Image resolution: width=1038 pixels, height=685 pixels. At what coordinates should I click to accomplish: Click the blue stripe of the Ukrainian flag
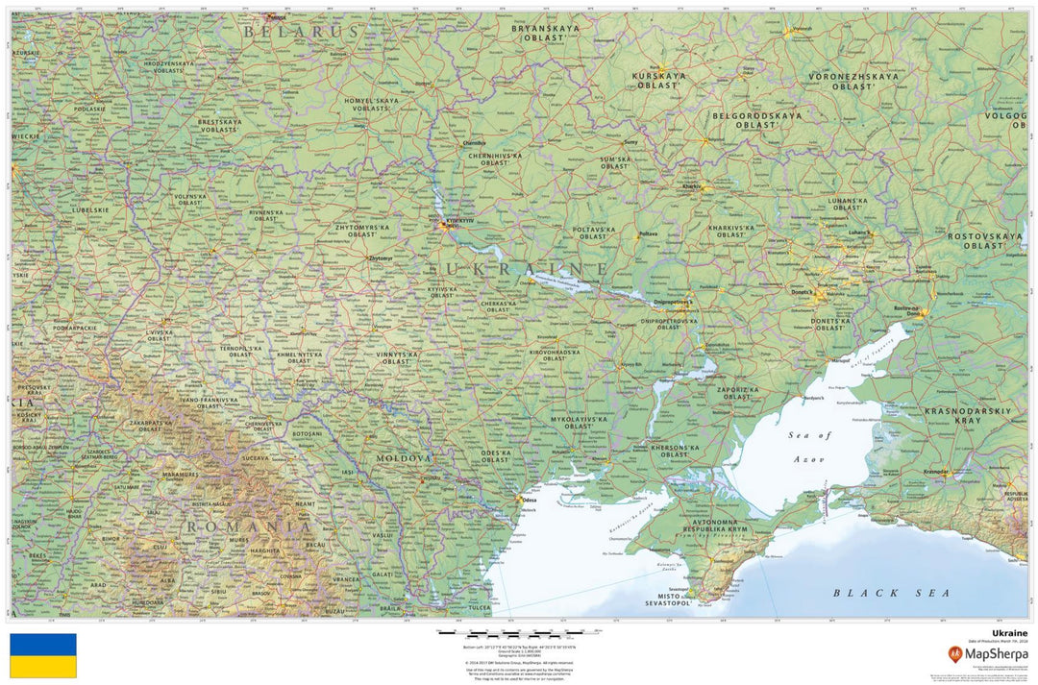click(43, 645)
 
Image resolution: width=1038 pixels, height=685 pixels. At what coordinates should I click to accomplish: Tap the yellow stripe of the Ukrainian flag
click(43, 667)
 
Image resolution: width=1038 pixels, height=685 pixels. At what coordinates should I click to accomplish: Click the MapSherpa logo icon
click(954, 655)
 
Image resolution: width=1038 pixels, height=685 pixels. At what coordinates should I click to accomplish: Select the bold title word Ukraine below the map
click(1009, 634)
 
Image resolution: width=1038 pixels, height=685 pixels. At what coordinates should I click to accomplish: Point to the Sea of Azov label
click(809, 448)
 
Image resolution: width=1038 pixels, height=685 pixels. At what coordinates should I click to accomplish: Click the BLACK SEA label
click(891, 593)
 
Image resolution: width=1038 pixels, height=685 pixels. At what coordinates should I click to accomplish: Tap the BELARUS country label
click(300, 32)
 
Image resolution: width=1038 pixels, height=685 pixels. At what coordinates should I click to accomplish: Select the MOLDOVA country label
click(404, 459)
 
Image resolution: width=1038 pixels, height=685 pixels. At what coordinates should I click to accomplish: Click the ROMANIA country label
click(249, 526)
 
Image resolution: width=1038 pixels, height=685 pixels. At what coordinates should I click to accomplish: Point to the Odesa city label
click(529, 500)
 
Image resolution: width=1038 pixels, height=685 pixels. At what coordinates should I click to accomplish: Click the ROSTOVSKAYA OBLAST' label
click(984, 240)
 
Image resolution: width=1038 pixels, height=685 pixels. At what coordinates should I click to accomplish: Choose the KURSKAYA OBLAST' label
click(659, 80)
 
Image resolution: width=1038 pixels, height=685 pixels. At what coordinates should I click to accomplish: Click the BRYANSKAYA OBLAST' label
click(545, 34)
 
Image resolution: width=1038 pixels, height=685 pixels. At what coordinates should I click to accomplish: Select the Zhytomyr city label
click(381, 258)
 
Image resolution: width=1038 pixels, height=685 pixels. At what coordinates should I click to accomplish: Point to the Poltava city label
click(649, 233)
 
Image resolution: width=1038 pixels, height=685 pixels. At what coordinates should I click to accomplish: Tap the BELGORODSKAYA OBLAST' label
click(756, 120)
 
